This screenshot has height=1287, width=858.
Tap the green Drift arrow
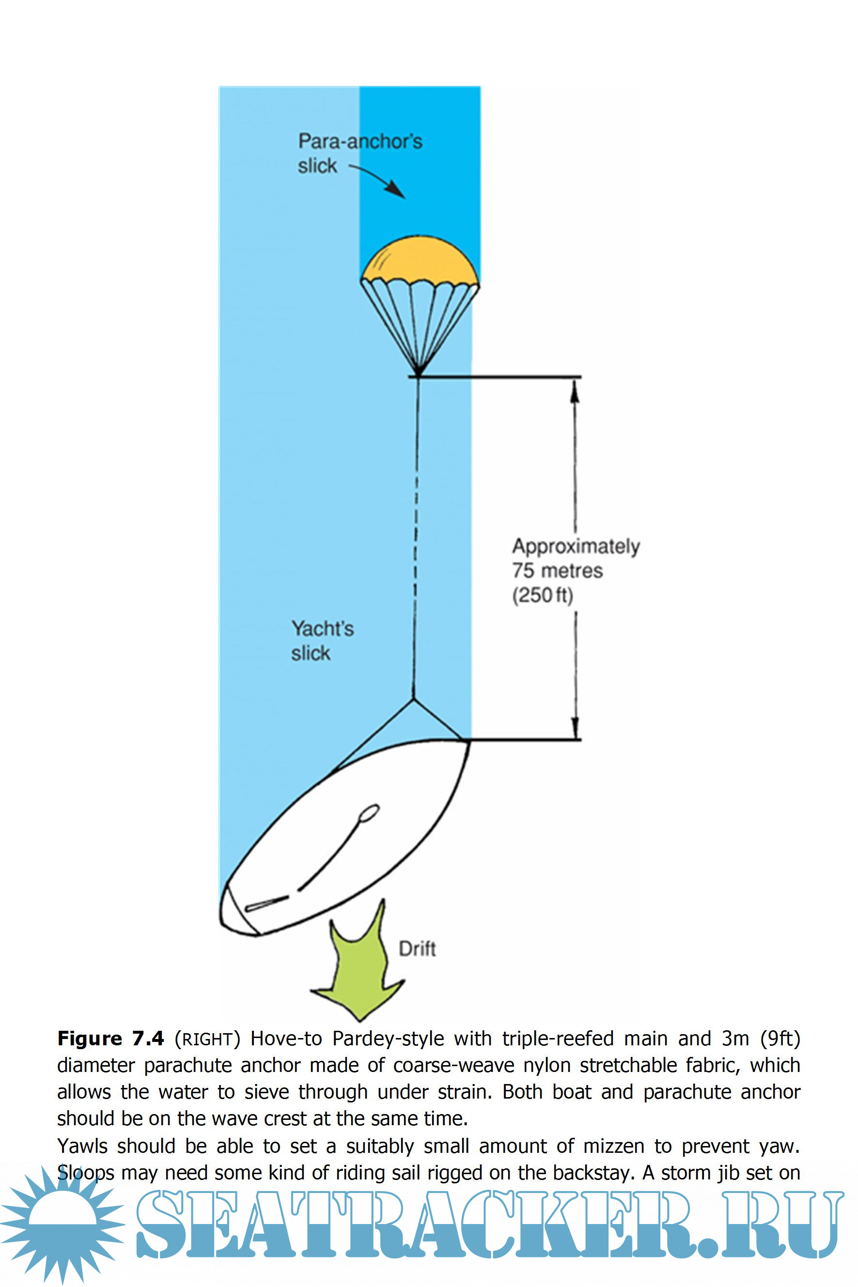click(359, 969)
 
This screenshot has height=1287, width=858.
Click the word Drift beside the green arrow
click(417, 949)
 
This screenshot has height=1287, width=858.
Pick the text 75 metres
click(557, 571)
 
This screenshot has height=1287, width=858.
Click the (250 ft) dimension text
click(542, 595)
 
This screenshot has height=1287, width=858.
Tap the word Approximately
click(576, 546)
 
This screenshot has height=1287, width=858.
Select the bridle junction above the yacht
click(413, 698)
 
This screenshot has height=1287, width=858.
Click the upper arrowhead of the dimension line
click(575, 389)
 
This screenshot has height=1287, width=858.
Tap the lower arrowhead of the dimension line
click(575, 729)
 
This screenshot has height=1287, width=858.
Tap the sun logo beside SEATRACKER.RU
click(63, 1225)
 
